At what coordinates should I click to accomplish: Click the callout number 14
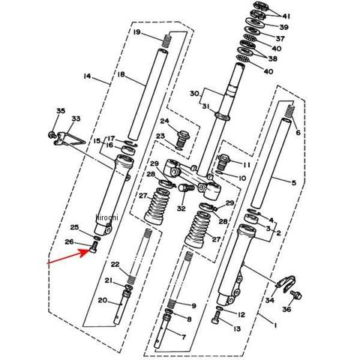coord(87,76)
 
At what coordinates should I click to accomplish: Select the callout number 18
coord(121,74)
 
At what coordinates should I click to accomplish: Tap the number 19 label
coord(137,32)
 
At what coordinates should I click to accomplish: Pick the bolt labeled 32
coord(186,187)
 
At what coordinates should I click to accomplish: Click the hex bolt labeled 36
coord(296,295)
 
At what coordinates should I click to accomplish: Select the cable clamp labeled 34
coord(286,283)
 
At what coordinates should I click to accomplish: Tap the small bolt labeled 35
coord(52,134)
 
